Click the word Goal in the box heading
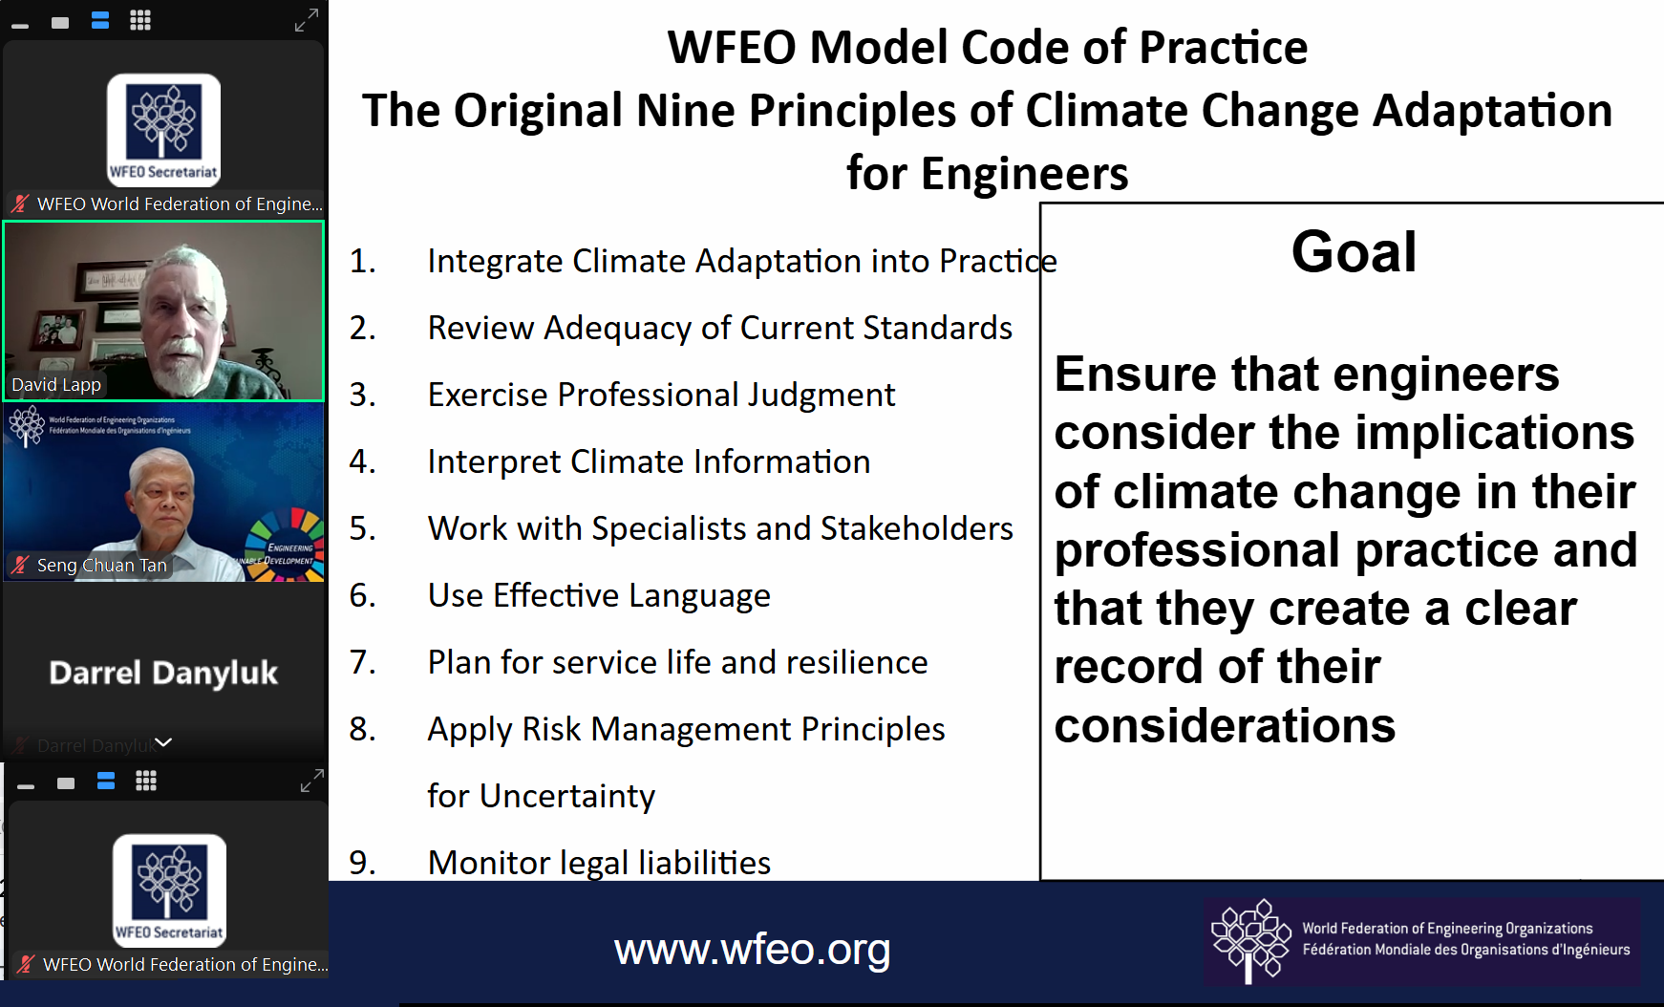coord(1354,252)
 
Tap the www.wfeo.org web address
coord(752,950)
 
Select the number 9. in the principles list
coord(363,863)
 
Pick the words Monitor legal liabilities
coord(599,863)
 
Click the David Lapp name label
coord(56,385)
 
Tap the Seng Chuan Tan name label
coord(101,566)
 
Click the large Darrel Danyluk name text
coord(163,674)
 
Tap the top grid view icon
coord(140,21)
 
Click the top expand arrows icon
coord(307,20)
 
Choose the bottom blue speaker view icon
coord(106,782)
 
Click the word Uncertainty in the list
coord(567,796)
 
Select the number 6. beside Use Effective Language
coord(363,595)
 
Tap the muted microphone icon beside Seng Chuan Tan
coord(20,565)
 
